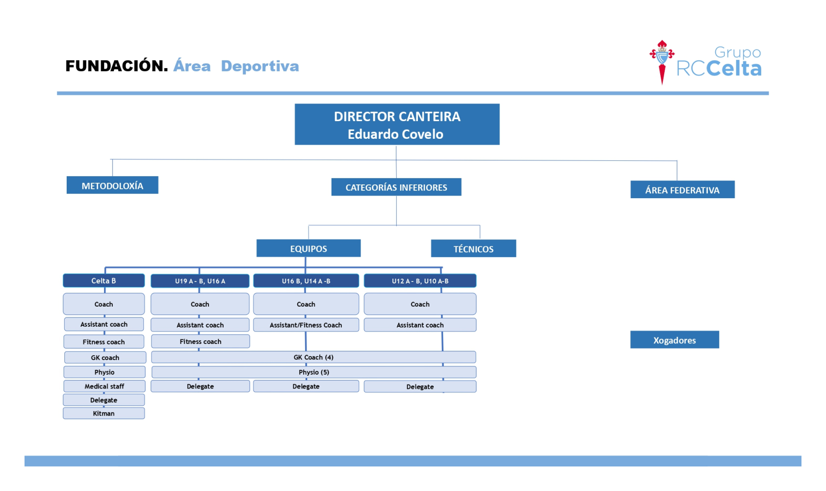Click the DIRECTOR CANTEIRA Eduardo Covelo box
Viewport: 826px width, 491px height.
click(397, 124)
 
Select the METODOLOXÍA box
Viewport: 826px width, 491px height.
click(112, 185)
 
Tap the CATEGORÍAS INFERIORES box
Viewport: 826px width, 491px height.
click(396, 187)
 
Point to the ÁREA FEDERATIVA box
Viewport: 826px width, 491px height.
click(683, 190)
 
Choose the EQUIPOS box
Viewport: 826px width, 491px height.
click(309, 248)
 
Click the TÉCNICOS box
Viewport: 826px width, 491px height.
click(473, 249)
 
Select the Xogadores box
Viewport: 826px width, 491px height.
click(674, 340)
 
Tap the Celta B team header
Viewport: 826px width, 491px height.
click(103, 281)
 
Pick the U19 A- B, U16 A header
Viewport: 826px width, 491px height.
click(200, 281)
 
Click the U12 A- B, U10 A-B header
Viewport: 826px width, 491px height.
click(420, 281)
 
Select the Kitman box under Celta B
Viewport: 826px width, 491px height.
click(103, 413)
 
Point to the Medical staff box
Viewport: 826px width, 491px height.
click(104, 386)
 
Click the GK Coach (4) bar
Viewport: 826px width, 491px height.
click(313, 357)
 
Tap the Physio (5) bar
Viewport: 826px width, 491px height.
click(314, 372)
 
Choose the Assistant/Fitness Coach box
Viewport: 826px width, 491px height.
click(306, 325)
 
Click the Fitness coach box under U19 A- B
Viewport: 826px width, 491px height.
click(201, 341)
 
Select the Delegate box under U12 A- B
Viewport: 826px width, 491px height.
click(420, 387)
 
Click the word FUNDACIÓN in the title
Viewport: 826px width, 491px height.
click(117, 66)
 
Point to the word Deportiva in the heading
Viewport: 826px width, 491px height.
click(260, 66)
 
